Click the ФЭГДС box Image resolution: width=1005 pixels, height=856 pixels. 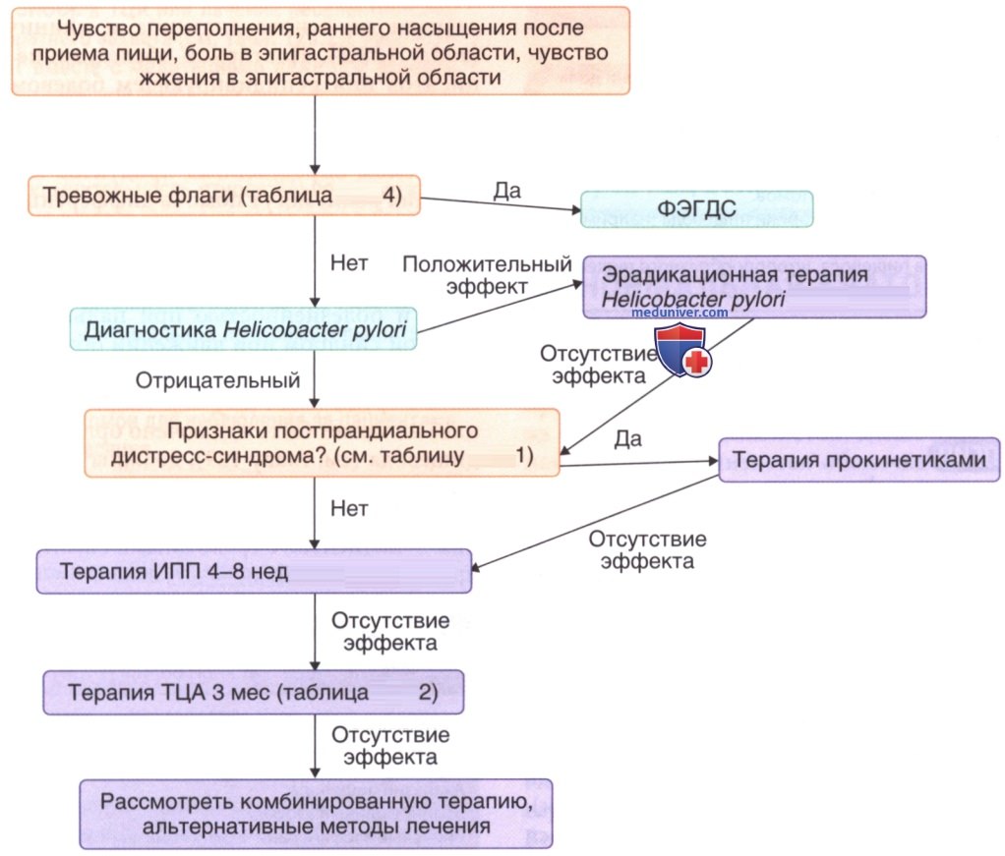(x=696, y=209)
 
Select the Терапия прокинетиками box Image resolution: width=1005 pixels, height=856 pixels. (x=858, y=459)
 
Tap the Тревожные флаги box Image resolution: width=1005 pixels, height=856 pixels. (x=223, y=196)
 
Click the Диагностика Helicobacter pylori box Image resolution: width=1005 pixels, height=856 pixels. (x=244, y=329)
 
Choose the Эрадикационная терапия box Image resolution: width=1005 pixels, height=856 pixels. (x=754, y=287)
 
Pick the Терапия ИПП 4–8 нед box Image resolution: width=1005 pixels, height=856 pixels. (x=254, y=572)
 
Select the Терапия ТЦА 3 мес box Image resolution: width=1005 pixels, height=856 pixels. (x=253, y=693)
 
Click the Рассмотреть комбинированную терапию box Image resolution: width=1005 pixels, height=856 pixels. (x=316, y=815)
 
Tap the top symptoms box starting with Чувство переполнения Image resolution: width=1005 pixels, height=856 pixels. (x=321, y=51)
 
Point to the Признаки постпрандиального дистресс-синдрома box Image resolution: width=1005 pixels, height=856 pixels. (x=322, y=442)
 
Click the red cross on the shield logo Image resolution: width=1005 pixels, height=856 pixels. (x=697, y=362)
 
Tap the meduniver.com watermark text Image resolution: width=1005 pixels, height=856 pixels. (x=680, y=313)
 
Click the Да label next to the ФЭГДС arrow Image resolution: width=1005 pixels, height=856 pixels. (x=507, y=191)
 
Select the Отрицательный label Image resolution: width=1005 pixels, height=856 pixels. (x=218, y=380)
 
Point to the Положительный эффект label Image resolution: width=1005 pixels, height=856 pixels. (x=487, y=275)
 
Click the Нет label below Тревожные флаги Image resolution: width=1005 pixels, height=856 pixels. (x=349, y=262)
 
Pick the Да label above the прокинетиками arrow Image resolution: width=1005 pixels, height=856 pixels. (x=628, y=439)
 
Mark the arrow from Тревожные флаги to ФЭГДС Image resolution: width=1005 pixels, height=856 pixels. (x=501, y=203)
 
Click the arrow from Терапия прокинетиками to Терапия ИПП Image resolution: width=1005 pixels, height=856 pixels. (x=595, y=522)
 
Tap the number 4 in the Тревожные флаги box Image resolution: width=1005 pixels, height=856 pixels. (x=390, y=195)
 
